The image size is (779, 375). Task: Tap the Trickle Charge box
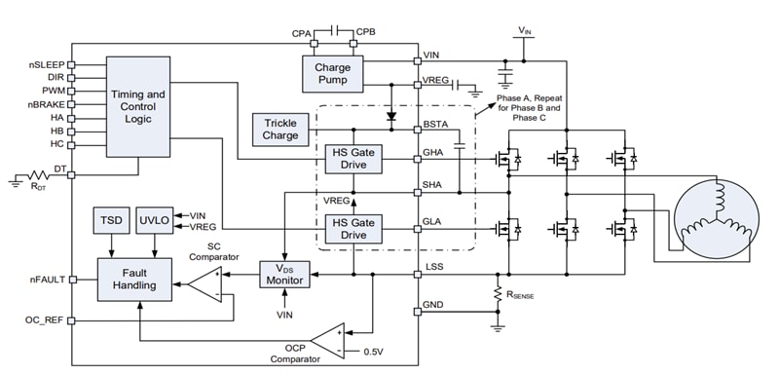(x=280, y=130)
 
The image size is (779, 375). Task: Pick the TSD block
(x=108, y=220)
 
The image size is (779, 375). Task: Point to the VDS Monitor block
(x=284, y=276)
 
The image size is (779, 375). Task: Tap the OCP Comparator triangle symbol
(x=329, y=338)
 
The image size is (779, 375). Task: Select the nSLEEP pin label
(x=46, y=65)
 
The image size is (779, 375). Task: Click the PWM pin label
(x=52, y=91)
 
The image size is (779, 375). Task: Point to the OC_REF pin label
(x=45, y=319)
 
